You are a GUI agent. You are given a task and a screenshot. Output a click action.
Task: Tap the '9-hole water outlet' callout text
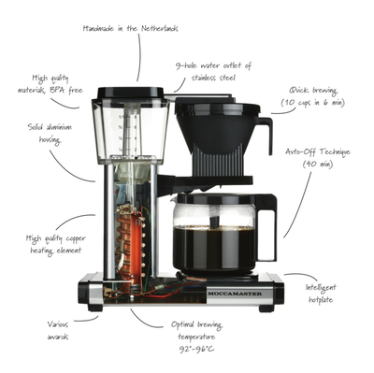click(x=213, y=73)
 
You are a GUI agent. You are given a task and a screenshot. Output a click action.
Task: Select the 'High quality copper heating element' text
click(x=56, y=245)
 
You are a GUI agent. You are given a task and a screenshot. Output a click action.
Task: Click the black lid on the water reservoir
click(x=128, y=93)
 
